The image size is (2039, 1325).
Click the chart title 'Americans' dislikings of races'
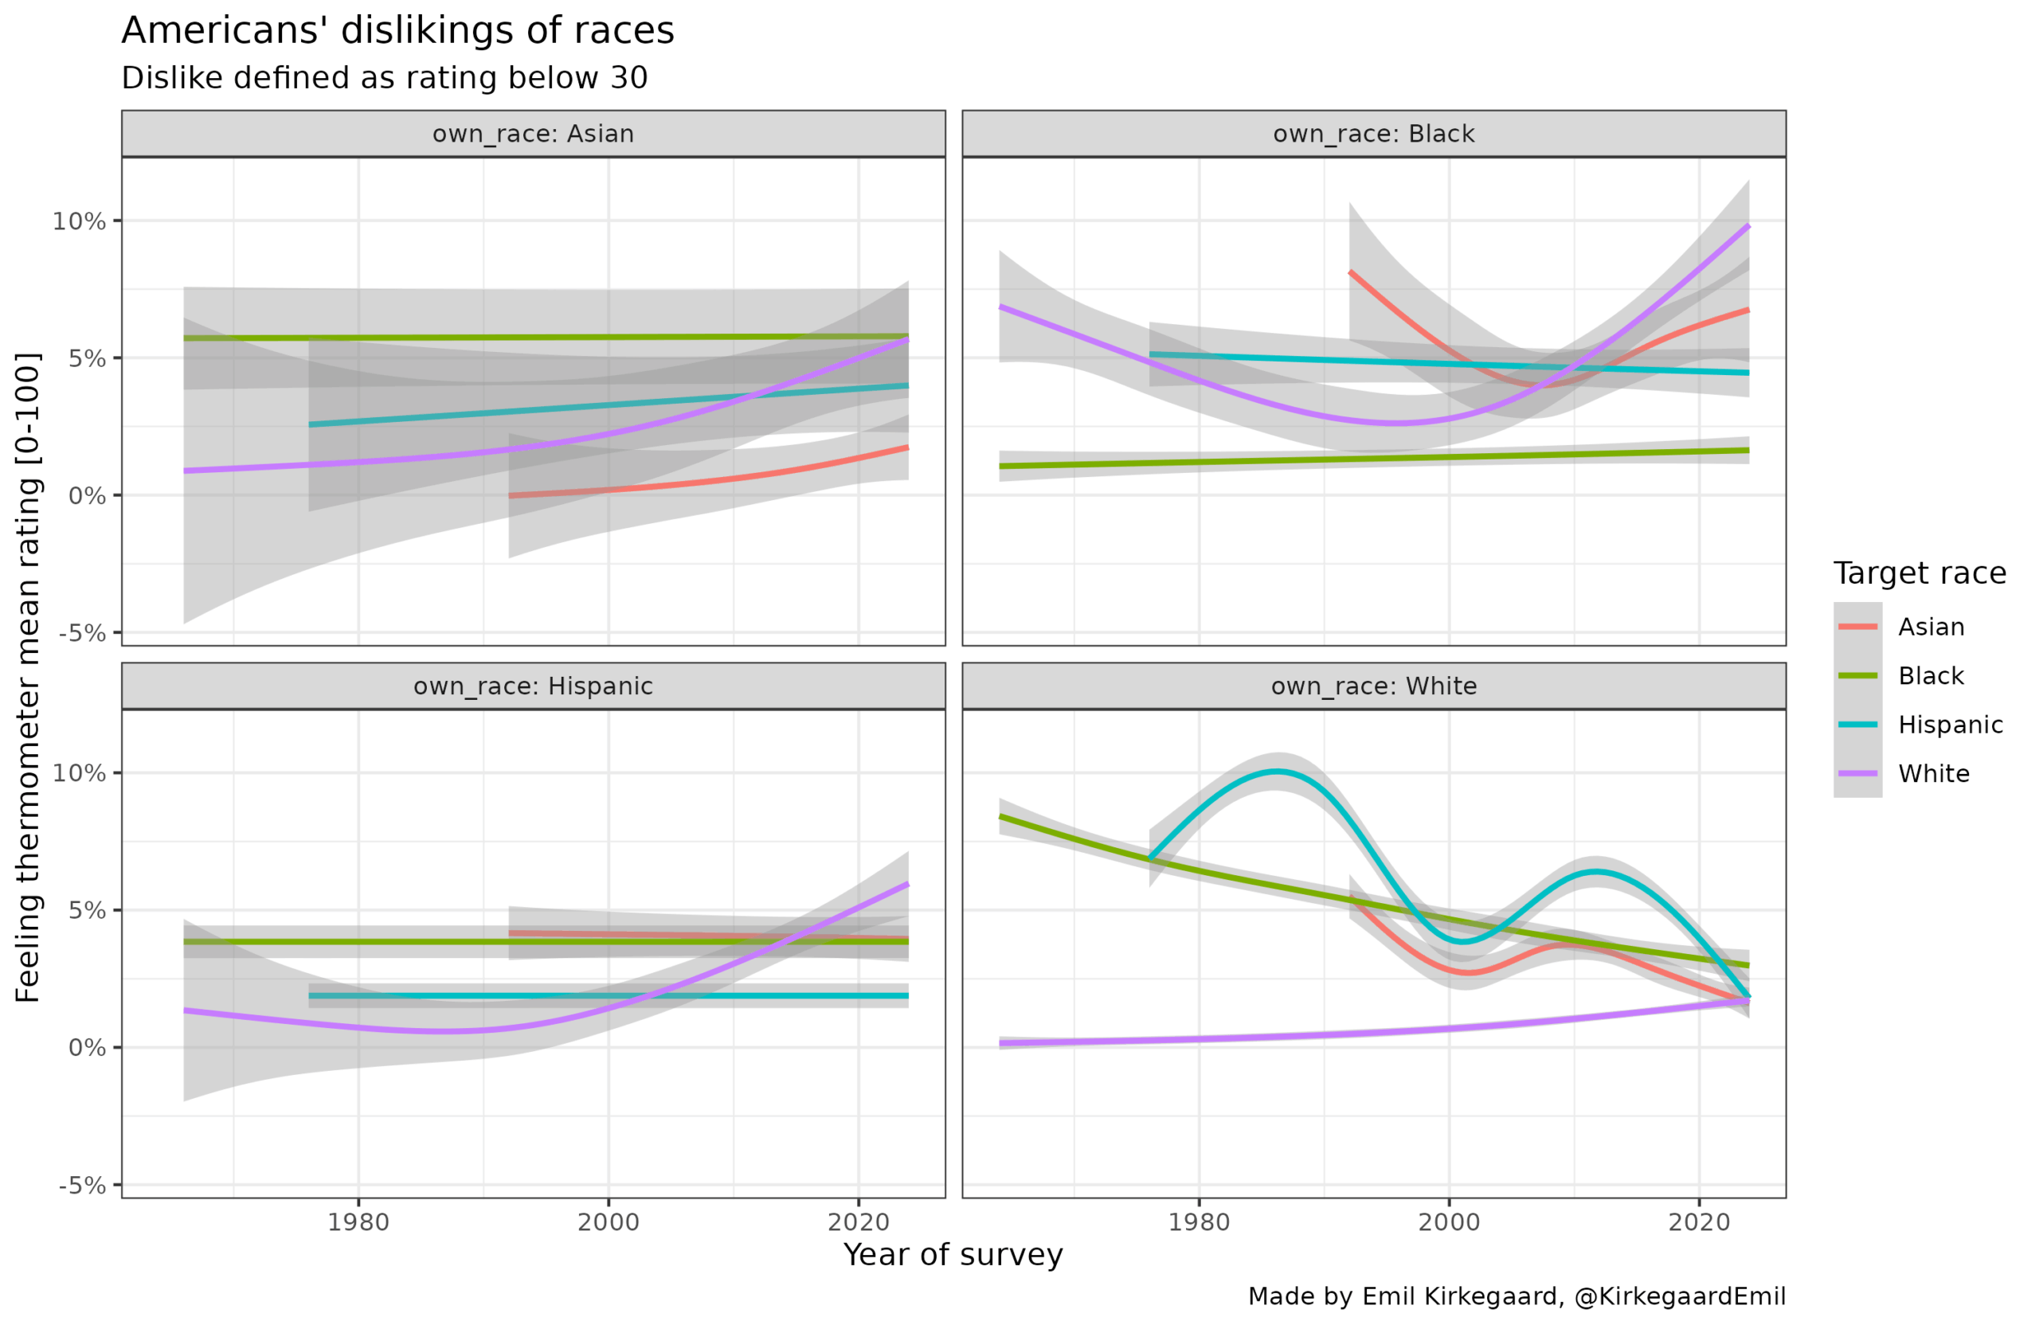(397, 31)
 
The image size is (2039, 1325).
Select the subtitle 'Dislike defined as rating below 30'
(385, 78)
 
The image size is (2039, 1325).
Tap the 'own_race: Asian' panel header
(533, 135)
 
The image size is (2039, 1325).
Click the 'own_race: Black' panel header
(1373, 135)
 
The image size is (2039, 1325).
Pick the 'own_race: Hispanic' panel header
(533, 687)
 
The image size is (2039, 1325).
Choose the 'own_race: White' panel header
(1373, 687)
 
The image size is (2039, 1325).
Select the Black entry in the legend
(1930, 676)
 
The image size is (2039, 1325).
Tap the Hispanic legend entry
(1950, 725)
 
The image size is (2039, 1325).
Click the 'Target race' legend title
(1919, 573)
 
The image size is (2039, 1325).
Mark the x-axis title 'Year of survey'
(953, 1255)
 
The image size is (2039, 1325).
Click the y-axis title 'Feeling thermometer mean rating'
(28, 677)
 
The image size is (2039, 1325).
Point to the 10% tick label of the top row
(79, 222)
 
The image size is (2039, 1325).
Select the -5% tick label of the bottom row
(82, 1186)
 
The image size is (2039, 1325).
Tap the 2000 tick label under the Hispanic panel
(609, 1222)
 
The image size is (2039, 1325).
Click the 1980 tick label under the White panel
(1199, 1222)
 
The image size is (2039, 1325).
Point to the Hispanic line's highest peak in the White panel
(1277, 772)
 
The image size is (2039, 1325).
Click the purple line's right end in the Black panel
(1747, 226)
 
